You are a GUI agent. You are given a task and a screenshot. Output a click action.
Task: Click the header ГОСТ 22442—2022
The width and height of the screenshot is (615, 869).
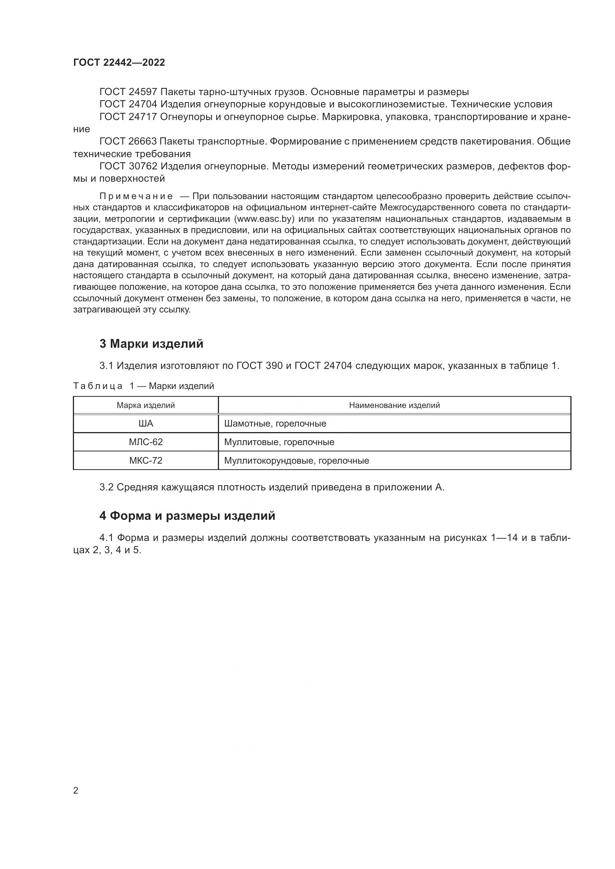pos(119,63)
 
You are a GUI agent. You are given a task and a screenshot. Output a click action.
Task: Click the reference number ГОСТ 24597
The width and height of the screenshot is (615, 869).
pos(128,92)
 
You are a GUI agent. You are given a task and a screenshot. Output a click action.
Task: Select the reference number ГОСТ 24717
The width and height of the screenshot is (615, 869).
pos(128,117)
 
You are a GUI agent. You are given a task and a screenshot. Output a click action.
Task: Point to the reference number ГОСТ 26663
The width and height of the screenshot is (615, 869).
pos(128,142)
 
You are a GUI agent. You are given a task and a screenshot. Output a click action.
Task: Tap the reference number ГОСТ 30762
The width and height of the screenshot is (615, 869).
pos(128,166)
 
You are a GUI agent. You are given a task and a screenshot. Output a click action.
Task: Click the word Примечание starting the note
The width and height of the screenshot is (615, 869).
pos(136,197)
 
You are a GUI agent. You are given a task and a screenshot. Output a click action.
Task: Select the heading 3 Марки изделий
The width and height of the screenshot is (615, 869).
pos(151,344)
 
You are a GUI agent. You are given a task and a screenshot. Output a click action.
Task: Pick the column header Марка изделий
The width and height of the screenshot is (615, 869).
pos(145,405)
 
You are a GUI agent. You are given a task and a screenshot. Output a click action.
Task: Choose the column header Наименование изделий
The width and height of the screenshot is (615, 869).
pos(394,405)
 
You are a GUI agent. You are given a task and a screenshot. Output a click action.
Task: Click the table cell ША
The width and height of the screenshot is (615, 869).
pos(146,424)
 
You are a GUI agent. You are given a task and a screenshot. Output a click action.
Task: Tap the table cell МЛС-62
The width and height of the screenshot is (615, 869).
pos(146,442)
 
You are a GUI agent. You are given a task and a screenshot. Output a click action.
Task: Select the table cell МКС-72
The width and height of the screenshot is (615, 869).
pos(146,461)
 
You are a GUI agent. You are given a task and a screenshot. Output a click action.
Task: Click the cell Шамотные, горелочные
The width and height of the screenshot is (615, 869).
pos(275,424)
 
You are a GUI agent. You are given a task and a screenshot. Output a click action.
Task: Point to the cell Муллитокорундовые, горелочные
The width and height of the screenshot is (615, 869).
pos(296,461)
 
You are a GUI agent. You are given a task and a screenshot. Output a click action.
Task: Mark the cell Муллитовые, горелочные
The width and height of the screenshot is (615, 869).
pos(279,442)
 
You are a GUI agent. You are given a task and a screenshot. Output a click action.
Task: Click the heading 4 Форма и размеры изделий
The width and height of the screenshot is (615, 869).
pos(187,516)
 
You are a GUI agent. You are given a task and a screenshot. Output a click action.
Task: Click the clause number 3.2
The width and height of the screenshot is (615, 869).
pos(106,487)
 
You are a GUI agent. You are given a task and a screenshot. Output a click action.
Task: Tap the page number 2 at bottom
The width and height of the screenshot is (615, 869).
pos(76,791)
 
